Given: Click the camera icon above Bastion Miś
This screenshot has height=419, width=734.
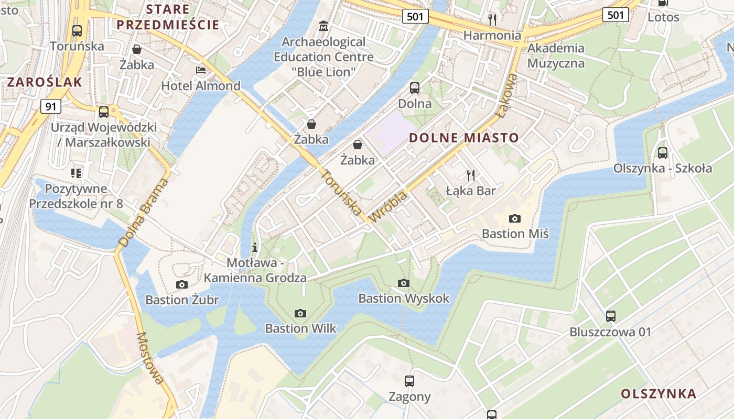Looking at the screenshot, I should [x=515, y=218].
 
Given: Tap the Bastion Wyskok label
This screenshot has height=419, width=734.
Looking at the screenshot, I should [x=404, y=298].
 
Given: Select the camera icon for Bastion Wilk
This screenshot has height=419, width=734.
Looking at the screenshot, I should [x=300, y=313].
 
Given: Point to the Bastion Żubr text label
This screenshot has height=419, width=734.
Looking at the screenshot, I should [x=182, y=300].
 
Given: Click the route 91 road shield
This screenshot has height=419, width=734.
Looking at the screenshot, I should [x=50, y=106].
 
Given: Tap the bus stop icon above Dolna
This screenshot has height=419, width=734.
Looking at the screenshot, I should [x=415, y=87].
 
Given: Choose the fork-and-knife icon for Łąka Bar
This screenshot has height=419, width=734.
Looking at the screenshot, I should [x=470, y=175].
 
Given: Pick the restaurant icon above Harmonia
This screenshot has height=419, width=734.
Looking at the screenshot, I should [x=492, y=20].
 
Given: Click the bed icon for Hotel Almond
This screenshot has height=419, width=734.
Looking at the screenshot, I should [x=200, y=70].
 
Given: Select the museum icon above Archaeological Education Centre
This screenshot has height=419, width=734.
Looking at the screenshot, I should [x=323, y=26].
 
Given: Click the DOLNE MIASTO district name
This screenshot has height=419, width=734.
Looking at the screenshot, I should [x=463, y=138].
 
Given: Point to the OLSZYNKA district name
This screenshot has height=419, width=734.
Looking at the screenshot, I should [x=659, y=394].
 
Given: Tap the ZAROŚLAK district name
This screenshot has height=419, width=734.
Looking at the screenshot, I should [x=45, y=82].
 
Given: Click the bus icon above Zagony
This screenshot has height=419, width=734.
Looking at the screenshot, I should [x=409, y=381].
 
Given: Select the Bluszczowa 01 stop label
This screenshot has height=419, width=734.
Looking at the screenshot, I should [x=610, y=332].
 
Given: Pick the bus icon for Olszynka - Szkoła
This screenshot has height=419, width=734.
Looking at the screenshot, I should [x=663, y=152].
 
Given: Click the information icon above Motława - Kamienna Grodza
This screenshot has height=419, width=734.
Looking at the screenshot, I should [x=255, y=247].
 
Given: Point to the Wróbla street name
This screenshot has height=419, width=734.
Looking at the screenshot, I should [x=388, y=206].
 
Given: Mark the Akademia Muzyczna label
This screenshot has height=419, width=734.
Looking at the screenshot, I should [x=556, y=56].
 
